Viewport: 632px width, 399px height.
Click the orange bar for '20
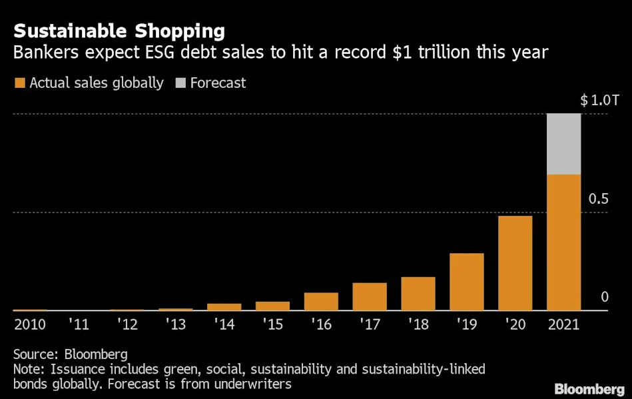point(515,263)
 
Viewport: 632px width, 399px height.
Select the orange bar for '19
point(466,282)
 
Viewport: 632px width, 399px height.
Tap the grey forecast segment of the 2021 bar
point(563,144)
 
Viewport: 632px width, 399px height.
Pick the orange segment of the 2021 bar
point(563,242)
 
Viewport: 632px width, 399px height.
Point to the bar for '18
point(418,294)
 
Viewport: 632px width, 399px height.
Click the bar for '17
point(370,296)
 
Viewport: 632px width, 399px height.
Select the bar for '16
point(321,301)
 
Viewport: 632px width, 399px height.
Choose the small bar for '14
point(224,306)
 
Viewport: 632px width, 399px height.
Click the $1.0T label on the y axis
point(599,101)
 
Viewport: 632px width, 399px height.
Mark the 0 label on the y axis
point(605,297)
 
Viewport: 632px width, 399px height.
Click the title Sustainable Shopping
point(119,31)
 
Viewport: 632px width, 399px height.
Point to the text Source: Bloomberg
point(70,354)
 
